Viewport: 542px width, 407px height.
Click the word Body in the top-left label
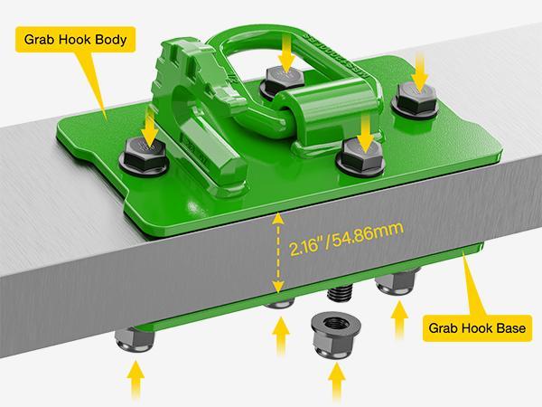tap(110, 40)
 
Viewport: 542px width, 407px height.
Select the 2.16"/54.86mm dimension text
tap(346, 239)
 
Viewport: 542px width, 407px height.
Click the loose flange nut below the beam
tap(336, 335)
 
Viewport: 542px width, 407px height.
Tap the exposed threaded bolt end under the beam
tap(339, 293)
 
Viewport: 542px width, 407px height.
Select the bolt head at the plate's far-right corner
tap(416, 99)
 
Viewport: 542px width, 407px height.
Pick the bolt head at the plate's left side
tap(145, 156)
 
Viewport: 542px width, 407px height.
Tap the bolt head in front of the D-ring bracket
tap(361, 156)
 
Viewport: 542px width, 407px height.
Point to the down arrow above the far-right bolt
tap(419, 72)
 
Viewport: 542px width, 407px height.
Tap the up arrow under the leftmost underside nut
tap(136, 381)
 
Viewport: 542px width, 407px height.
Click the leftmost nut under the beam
tap(135, 339)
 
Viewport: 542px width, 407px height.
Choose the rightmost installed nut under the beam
tap(396, 283)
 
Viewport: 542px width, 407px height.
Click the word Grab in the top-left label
tap(39, 40)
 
